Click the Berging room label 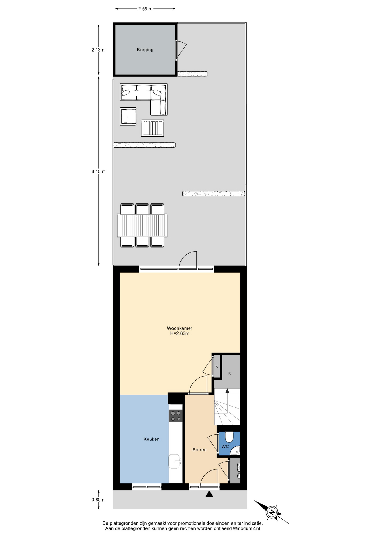(x=145, y=50)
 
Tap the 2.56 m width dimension (x=145, y=9)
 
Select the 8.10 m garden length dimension (x=98, y=171)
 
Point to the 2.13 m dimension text (x=98, y=50)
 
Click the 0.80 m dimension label (x=98, y=500)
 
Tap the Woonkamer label (x=180, y=328)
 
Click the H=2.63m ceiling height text (x=180, y=333)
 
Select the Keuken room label (x=152, y=439)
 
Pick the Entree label (x=199, y=450)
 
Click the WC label (x=225, y=447)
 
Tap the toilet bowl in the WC (x=229, y=437)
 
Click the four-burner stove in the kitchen (x=176, y=416)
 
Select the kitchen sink (x=175, y=461)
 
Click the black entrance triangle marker (x=209, y=494)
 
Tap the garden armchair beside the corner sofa (x=128, y=116)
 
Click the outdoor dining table (x=142, y=225)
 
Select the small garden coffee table (x=152, y=128)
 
